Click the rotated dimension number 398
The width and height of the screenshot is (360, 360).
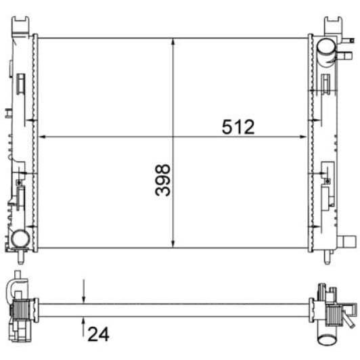tap(162, 179)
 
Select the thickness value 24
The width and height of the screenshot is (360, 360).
tap(98, 333)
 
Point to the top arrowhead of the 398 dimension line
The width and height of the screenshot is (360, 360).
tap(174, 41)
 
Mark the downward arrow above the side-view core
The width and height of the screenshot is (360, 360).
tap(83, 298)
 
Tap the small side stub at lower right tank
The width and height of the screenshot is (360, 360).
tap(347, 240)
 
